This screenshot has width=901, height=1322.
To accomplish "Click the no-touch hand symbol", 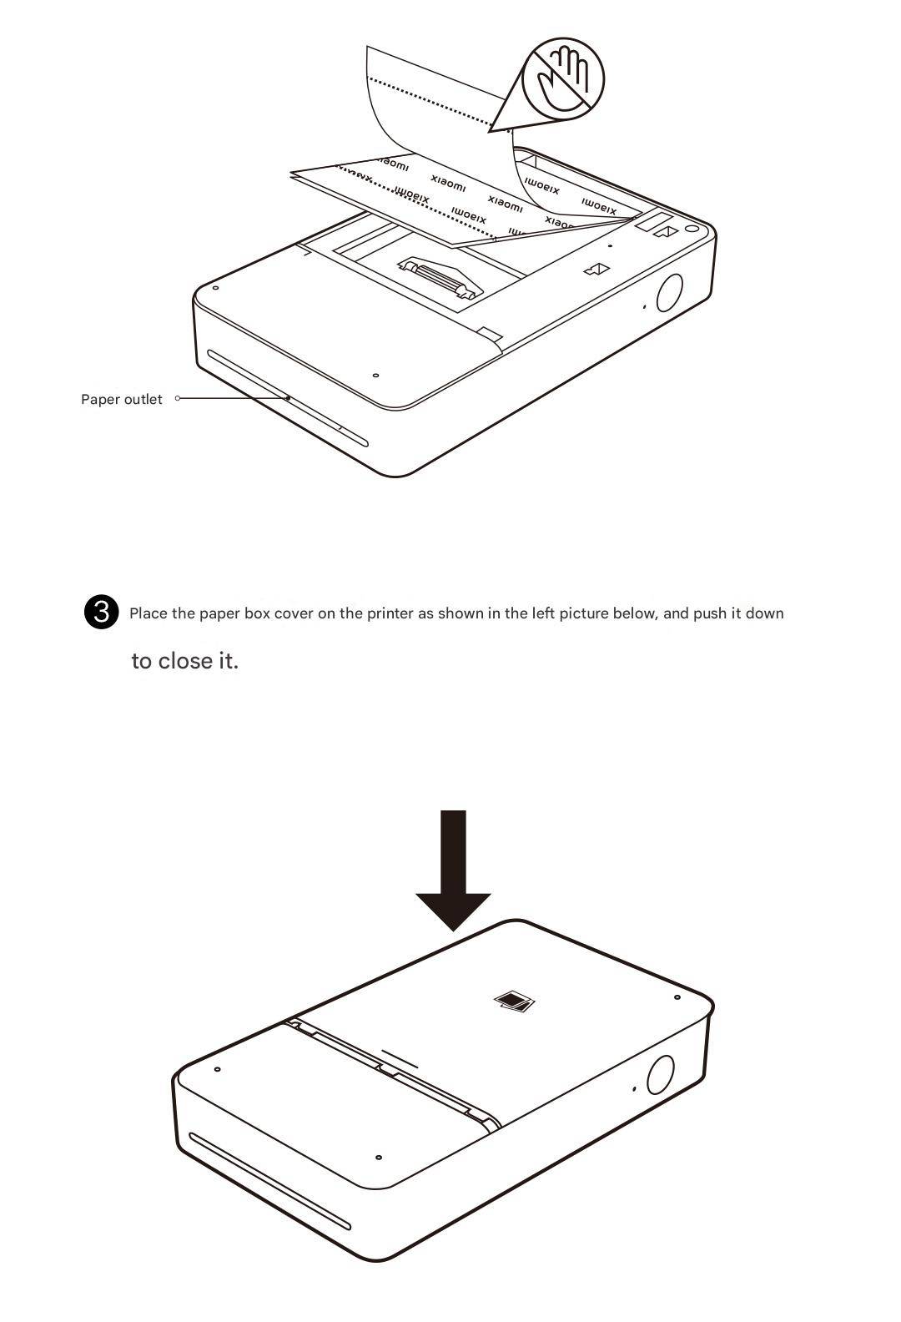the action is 563,78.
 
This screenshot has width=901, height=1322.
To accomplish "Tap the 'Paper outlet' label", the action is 122,400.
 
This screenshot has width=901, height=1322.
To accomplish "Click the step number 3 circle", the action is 102,612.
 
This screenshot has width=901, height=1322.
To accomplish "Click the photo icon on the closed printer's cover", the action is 514,1001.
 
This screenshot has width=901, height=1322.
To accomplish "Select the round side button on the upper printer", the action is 670,291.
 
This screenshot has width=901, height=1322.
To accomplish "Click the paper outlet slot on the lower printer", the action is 269,1180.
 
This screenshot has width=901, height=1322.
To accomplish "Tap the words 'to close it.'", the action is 184,661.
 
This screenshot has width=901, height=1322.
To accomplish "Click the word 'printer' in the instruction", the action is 390,613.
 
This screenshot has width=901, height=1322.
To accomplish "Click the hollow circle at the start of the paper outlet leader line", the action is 178,398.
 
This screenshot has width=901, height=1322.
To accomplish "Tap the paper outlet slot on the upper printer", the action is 287,398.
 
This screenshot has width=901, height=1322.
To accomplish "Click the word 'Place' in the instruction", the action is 148,613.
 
